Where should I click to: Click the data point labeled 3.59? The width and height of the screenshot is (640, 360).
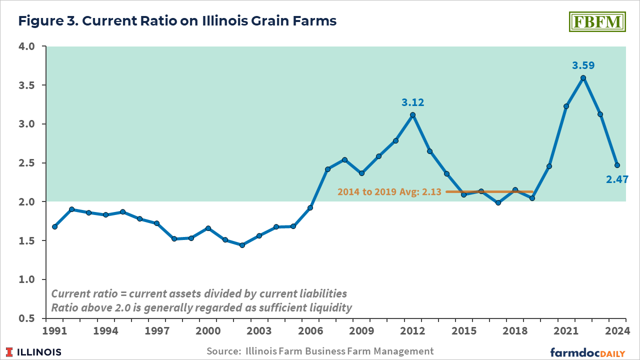point(583,78)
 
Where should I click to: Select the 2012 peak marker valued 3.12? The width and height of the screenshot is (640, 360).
point(412,114)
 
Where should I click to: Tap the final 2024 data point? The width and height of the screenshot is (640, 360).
point(617,165)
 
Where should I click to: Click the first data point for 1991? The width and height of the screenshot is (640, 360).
point(54,226)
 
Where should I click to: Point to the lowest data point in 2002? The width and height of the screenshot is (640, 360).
point(242,245)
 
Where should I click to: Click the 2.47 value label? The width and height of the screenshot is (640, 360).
point(617,179)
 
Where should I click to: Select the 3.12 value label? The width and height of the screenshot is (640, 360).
point(412,102)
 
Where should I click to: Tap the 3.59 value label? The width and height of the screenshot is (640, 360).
point(583,65)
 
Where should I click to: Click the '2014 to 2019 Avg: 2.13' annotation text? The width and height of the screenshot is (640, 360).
point(389,191)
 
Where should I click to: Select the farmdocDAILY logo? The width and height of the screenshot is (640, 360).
point(587,352)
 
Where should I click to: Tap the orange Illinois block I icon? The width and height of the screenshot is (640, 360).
point(9,352)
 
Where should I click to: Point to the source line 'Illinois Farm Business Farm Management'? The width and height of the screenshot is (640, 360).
point(320,351)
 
